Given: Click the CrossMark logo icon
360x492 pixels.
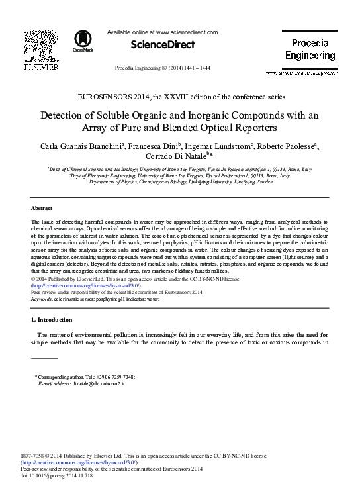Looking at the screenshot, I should tap(83, 40).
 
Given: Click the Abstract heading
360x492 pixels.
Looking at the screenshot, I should tap(42, 208).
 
